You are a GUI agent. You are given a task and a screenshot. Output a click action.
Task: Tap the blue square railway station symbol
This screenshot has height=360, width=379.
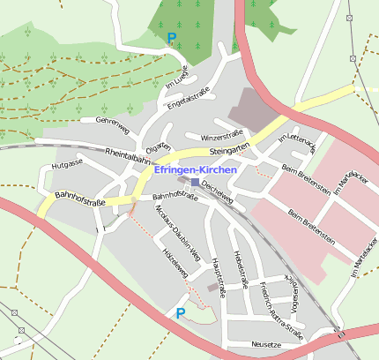(196, 182)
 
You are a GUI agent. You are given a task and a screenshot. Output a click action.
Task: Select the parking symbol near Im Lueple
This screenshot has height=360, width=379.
(171, 38)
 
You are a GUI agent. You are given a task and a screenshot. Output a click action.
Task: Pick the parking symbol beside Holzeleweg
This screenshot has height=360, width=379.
(181, 313)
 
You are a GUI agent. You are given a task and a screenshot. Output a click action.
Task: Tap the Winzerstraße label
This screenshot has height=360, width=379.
(221, 137)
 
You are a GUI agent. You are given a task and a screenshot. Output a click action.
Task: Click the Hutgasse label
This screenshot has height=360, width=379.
(66, 164)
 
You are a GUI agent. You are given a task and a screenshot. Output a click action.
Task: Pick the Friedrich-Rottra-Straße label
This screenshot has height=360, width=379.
(281, 309)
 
